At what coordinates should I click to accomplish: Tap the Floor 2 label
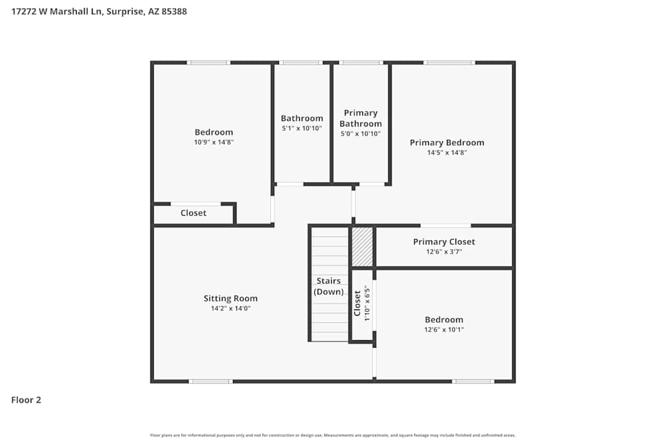point(26,400)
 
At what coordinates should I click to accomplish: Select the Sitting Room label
point(230,298)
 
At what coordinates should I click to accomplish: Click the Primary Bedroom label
point(447,142)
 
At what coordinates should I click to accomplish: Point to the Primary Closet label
point(444,242)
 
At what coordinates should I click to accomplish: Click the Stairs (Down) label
point(329,286)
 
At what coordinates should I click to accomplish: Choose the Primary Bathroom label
point(361,118)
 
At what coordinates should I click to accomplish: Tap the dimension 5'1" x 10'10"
point(302,128)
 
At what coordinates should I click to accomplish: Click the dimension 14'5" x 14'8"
point(447,152)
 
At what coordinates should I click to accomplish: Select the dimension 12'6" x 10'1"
point(444,330)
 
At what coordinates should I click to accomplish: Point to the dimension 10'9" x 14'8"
point(214,142)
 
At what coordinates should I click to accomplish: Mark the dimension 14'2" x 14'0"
point(230,308)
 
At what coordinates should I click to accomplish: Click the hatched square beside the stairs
point(362,247)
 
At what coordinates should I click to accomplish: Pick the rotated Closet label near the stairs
point(358,303)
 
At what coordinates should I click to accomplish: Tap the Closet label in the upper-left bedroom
point(193,213)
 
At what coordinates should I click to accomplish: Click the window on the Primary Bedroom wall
point(450,63)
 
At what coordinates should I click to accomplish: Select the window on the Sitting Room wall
point(210,381)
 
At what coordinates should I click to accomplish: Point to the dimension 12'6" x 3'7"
point(444,252)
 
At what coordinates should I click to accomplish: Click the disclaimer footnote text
point(333,435)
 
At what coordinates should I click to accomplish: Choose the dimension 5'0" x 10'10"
point(361,134)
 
